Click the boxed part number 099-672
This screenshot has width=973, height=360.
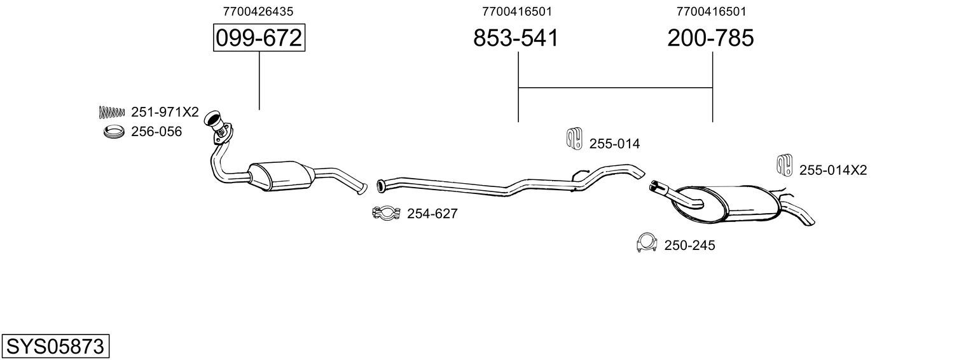[259, 38]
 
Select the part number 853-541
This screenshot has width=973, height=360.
[516, 38]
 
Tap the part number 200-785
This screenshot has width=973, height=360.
[710, 38]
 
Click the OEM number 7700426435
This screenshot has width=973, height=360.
[258, 11]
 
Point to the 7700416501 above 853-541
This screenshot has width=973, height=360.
[517, 11]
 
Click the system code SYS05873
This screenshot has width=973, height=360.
[55, 347]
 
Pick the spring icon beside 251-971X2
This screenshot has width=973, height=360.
[112, 113]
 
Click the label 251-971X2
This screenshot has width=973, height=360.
[165, 112]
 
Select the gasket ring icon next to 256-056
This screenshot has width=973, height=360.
[114, 132]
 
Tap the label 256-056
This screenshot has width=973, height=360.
[156, 132]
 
